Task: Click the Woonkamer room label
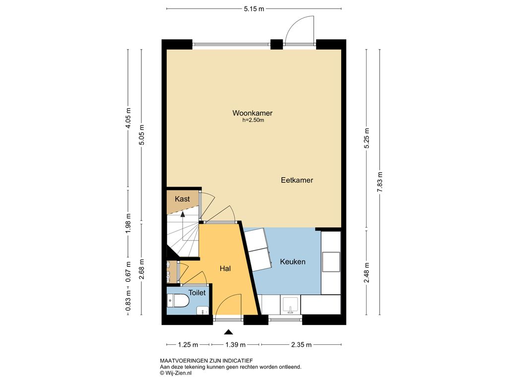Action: coord(253,113)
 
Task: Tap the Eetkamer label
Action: coord(297,180)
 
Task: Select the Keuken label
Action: coord(293,262)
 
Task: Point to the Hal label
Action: coord(225,268)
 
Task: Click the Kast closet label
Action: coord(182,199)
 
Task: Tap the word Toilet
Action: coord(197,293)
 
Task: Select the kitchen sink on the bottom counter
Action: coord(290,305)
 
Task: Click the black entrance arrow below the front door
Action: coord(229,332)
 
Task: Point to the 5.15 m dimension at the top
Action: coord(254,9)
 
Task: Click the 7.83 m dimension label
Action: coord(380,182)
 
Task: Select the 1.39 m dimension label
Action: coord(236,345)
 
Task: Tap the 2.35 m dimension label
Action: coord(301,345)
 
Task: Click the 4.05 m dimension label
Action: coord(128,118)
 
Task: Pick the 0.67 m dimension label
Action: coord(128,272)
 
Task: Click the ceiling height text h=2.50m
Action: coord(253,121)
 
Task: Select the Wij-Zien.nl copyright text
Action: coord(176,373)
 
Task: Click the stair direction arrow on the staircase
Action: coord(183,214)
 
